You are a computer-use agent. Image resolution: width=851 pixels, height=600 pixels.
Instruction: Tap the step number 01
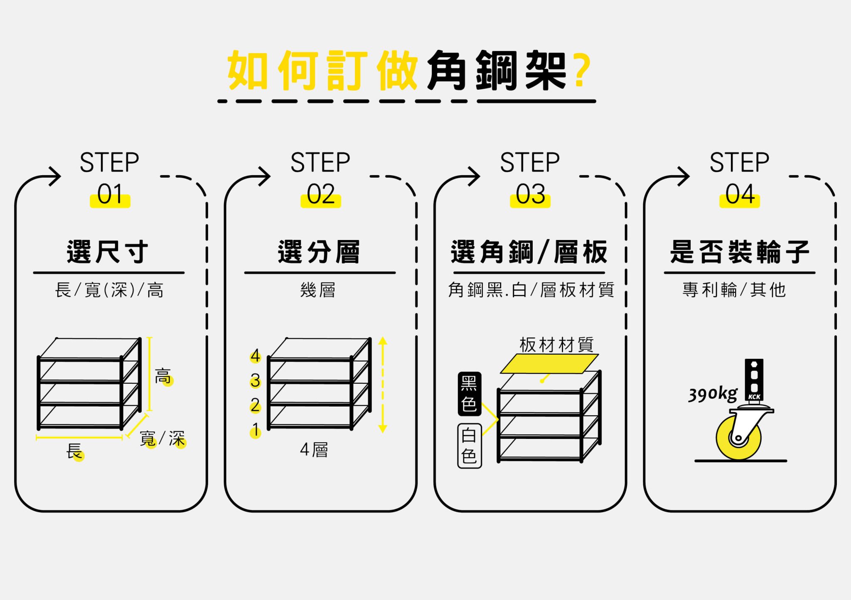[x=110, y=194]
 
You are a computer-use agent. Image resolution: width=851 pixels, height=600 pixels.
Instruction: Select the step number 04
[x=740, y=194]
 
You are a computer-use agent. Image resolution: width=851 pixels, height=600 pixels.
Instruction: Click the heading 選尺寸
[x=108, y=252]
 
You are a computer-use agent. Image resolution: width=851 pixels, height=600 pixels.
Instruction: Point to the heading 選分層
[x=319, y=252]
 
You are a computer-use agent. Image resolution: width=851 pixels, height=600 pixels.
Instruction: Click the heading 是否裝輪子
[x=740, y=252]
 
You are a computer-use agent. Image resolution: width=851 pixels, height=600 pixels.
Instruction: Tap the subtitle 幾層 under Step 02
[x=318, y=290]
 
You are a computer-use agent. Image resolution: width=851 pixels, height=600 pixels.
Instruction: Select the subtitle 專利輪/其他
[x=734, y=290]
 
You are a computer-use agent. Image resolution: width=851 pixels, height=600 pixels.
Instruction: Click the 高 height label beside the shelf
[x=163, y=376]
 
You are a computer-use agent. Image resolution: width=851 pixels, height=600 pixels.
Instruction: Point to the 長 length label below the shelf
[x=74, y=451]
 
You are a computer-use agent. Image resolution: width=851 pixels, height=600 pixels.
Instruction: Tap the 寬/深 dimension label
[x=162, y=438]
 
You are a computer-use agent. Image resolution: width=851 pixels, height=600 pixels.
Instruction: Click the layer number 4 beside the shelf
[x=255, y=356]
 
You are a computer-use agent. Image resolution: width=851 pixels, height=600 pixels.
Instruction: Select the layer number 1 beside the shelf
[x=256, y=430]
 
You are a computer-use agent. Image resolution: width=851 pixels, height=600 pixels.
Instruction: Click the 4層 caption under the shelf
[x=314, y=450]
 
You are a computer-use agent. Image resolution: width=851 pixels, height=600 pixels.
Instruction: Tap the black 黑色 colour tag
[x=469, y=394]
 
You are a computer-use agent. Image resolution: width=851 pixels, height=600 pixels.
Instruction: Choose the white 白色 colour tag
[x=469, y=446]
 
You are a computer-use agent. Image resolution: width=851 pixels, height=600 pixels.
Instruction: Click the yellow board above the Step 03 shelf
[x=549, y=363]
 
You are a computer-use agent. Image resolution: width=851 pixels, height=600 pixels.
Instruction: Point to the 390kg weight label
[x=713, y=394]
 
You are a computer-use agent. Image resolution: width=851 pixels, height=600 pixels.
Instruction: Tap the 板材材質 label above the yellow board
[x=556, y=345]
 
